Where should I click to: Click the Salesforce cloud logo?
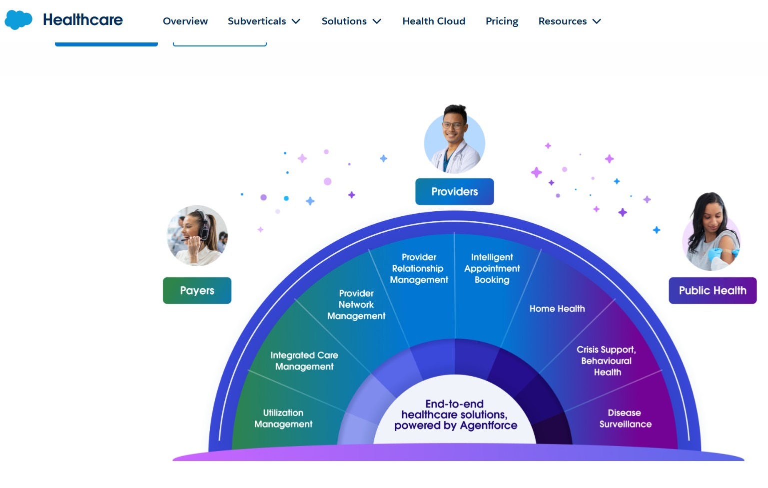pyautogui.click(x=18, y=20)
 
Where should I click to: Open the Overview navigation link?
pyautogui.click(x=185, y=21)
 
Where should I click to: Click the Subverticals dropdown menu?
pyautogui.click(x=264, y=21)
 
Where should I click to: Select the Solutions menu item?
pyautogui.click(x=351, y=21)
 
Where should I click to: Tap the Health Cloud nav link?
pyautogui.click(x=434, y=21)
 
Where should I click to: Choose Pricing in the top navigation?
pyautogui.click(x=502, y=21)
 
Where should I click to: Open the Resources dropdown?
pyautogui.click(x=570, y=21)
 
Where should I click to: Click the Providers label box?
pyautogui.click(x=454, y=192)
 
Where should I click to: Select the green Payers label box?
pyautogui.click(x=197, y=291)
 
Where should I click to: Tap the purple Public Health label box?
pyautogui.click(x=713, y=291)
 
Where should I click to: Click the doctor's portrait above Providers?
pyautogui.click(x=454, y=140)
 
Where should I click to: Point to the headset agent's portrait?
pyautogui.click(x=197, y=236)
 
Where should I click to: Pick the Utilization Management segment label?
pyautogui.click(x=283, y=419)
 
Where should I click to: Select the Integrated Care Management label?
pyautogui.click(x=304, y=361)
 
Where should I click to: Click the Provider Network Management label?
pyautogui.click(x=356, y=305)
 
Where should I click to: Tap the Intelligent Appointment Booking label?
pyautogui.click(x=492, y=268)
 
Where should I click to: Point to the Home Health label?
pyautogui.click(x=557, y=309)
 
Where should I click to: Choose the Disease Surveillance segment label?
pyautogui.click(x=625, y=419)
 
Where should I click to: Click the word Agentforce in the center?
pyautogui.click(x=489, y=426)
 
